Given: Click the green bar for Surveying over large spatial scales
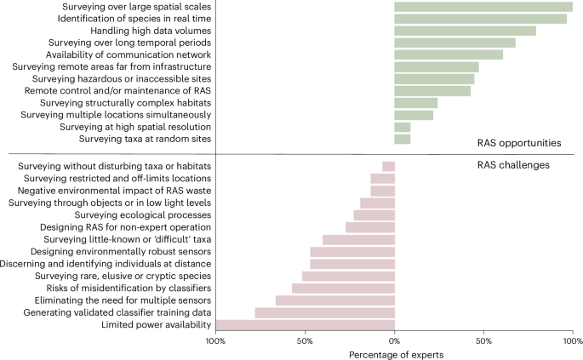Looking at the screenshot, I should (483, 7).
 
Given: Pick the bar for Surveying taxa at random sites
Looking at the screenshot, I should (402, 139).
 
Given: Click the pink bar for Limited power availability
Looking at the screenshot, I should (306, 324).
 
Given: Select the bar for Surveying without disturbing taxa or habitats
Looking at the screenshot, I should (388, 166).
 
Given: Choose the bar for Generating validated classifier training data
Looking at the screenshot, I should (324, 312).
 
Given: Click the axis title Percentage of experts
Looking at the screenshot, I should (393, 353).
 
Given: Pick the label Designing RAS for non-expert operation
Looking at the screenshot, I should (125, 227).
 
